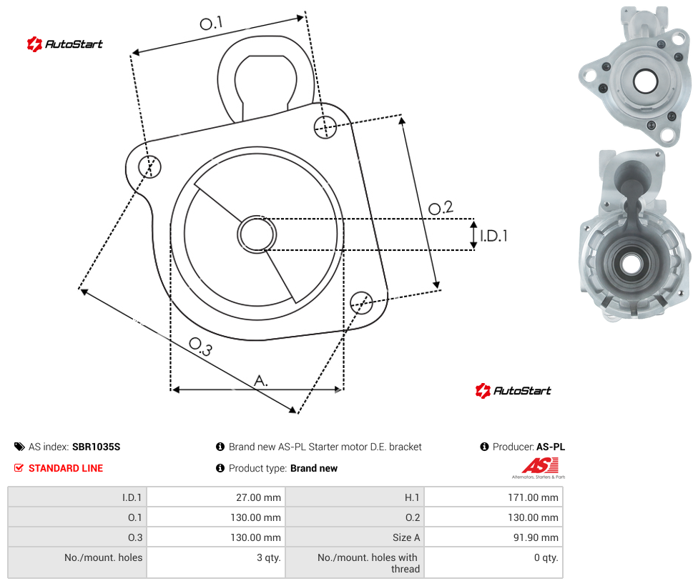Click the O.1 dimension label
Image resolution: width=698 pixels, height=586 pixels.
pyautogui.click(x=211, y=23)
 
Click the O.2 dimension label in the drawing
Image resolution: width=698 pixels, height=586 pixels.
pyautogui.click(x=441, y=208)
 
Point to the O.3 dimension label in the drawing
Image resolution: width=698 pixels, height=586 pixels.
pyautogui.click(x=201, y=347)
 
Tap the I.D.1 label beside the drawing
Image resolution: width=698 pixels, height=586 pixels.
pyautogui.click(x=493, y=236)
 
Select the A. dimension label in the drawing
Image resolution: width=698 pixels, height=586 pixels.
pyautogui.click(x=261, y=381)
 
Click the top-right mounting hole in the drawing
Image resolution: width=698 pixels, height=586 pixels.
pyautogui.click(x=325, y=127)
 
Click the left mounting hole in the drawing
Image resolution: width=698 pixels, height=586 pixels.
pyautogui.click(x=149, y=167)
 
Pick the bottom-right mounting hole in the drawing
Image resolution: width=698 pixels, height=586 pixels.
pyautogui.click(x=361, y=302)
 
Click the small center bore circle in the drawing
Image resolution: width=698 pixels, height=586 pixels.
pyautogui.click(x=257, y=234)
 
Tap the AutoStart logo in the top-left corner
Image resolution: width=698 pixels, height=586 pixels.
pyautogui.click(x=65, y=44)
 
